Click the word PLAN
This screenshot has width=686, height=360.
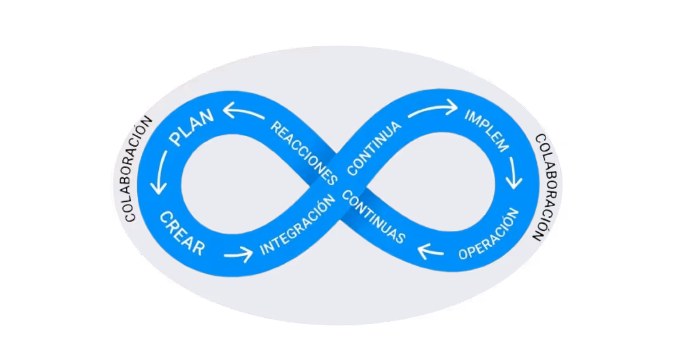coord(192,127)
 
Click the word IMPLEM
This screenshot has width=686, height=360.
coord(486,129)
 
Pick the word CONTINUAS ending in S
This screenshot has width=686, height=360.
coord(374,217)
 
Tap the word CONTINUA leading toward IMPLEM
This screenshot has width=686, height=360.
coord(375,147)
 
